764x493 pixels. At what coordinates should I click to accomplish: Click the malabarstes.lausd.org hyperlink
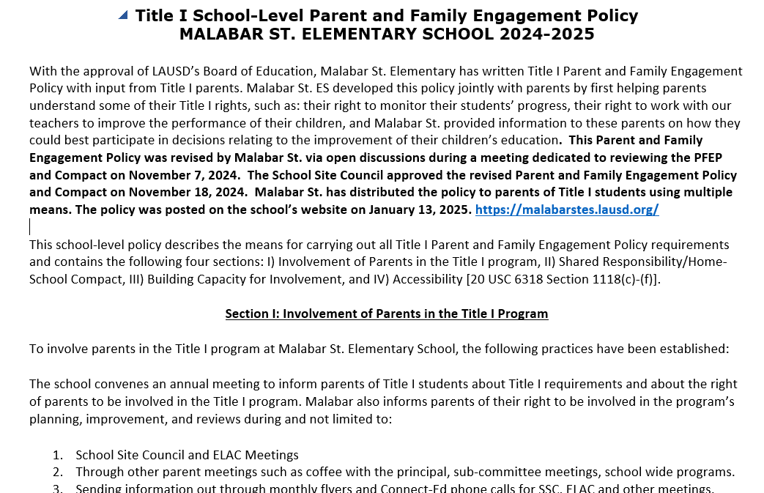coord(567,210)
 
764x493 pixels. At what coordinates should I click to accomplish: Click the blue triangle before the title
coord(123,15)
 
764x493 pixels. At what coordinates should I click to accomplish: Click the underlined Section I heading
coord(386,314)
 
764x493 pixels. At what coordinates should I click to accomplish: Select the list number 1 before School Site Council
coord(57,455)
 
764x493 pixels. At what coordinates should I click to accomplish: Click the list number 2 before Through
coord(57,472)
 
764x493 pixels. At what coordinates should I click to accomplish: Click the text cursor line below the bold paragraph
coord(30,226)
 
